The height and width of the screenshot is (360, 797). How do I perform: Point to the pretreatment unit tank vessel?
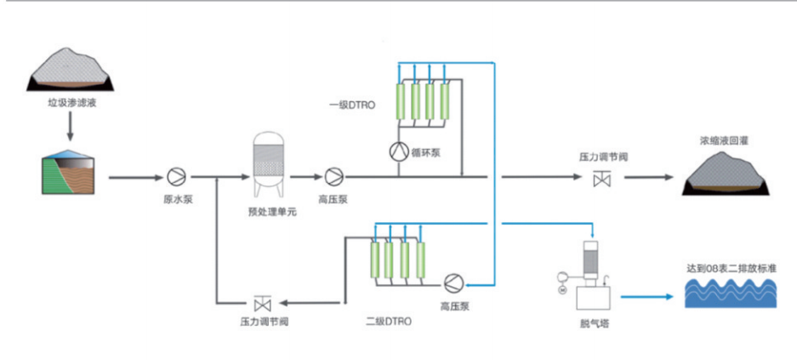pos(271,161)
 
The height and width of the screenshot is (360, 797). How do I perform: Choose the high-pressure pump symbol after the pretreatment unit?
pos(333,176)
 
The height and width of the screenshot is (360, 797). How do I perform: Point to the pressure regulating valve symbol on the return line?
pos(262,302)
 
